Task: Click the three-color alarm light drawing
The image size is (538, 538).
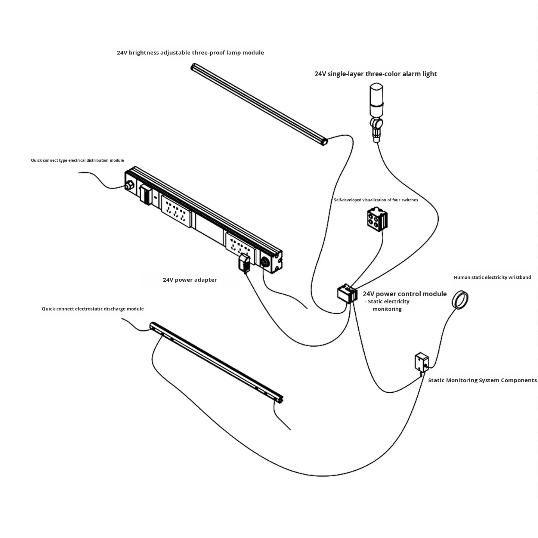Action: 376,112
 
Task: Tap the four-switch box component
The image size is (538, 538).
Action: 377,219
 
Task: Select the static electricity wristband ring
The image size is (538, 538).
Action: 460,300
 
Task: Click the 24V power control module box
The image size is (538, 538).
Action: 347,293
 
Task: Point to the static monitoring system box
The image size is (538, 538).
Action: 421,363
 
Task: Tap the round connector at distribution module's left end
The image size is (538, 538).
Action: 129,185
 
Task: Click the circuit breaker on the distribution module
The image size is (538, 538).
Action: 146,194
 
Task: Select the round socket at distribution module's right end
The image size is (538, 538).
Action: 265,262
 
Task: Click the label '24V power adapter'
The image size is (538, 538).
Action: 190,280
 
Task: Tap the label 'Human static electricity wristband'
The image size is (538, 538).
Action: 492,277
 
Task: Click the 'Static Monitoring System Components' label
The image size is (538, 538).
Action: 482,380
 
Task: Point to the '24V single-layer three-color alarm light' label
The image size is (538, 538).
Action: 375,74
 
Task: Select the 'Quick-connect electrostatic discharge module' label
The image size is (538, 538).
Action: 93,309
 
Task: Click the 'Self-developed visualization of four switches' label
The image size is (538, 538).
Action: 376,200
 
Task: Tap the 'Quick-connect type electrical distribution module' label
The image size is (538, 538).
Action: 77,160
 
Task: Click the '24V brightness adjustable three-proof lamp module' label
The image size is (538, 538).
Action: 191,52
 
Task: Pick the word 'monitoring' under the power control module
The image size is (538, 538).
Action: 387,309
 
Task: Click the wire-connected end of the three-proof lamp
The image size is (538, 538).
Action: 324,142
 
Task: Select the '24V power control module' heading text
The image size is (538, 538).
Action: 405,294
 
